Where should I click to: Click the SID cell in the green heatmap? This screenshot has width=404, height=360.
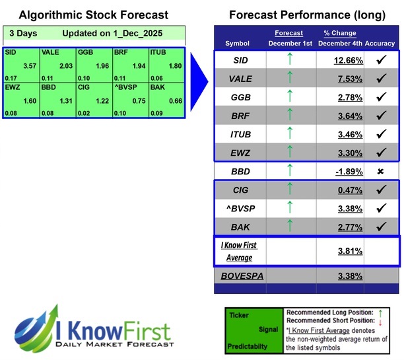tap(20, 58)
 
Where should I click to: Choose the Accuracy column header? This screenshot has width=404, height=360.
tap(380, 44)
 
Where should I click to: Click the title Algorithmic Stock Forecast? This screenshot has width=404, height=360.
tap(93, 15)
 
